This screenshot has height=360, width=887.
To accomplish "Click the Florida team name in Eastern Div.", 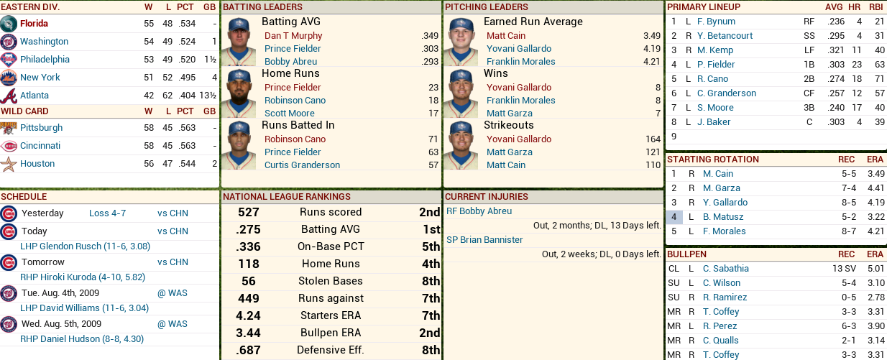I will (34, 24).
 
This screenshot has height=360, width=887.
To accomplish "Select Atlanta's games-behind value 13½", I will (208, 96).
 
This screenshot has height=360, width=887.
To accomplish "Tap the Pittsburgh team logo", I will (9, 128).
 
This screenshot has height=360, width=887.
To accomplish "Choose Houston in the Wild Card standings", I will (37, 164).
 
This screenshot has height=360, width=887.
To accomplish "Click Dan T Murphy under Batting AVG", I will (293, 36).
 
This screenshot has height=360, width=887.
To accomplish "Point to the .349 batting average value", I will (430, 36).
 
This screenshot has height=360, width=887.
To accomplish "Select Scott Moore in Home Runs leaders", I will (290, 114).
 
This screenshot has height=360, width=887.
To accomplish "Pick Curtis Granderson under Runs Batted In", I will (302, 165).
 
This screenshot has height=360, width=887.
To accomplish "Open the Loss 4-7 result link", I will (107, 213).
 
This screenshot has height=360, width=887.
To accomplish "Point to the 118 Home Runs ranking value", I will (248, 264).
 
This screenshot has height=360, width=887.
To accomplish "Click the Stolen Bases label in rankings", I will (331, 281).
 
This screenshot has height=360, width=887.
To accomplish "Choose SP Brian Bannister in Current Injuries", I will (484, 240).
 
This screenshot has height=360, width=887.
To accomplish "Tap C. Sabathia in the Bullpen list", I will (725, 269).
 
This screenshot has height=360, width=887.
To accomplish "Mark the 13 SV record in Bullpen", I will (842, 269).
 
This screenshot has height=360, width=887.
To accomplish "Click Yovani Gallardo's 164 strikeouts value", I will (653, 139).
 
